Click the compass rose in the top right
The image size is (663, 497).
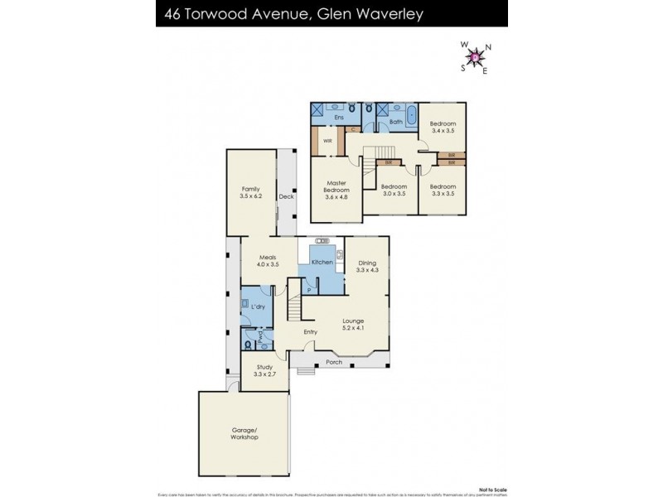tap(475, 57)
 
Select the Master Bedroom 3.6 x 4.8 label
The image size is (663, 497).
tap(336, 190)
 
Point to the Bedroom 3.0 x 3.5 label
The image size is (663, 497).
tap(392, 190)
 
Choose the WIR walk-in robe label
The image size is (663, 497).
tap(317, 141)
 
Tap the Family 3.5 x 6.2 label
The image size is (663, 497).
tap(250, 193)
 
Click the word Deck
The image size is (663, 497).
tap(286, 197)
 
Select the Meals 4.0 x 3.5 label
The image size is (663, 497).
tap(266, 261)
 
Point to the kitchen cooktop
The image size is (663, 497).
tap(322, 241)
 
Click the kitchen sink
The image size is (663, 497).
tap(340, 255)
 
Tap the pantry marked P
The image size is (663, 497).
tap(308, 291)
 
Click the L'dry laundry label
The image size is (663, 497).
tap(259, 307)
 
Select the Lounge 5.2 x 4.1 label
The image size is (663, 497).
tap(352, 325)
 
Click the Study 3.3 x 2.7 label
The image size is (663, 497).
tap(264, 371)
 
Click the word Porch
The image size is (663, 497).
tap(334, 362)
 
